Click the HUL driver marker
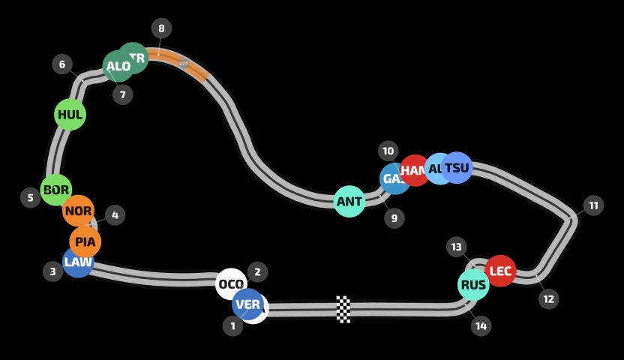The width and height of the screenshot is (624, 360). (70, 115)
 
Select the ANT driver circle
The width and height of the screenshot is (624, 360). (349, 202)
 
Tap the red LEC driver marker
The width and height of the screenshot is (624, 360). (500, 271)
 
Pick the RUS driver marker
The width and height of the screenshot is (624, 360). (473, 285)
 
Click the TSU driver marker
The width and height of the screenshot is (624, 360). (457, 168)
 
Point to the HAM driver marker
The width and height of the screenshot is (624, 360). (415, 171)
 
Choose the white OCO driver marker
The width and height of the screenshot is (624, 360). (231, 284)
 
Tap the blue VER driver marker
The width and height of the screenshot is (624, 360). (247, 304)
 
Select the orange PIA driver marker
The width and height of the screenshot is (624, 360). (85, 241)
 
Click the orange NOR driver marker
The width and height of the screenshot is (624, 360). (78, 211)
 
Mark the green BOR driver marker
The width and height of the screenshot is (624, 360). (56, 190)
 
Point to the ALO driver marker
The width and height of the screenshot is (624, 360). (118, 66)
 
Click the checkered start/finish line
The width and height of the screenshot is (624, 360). (343, 309)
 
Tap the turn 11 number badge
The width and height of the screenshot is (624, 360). (593, 205)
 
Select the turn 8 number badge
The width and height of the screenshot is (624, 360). (161, 28)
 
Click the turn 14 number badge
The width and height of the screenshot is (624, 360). (481, 325)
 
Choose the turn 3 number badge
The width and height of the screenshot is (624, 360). (52, 271)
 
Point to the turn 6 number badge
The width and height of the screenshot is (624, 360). (62, 64)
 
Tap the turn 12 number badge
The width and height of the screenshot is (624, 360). (548, 299)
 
